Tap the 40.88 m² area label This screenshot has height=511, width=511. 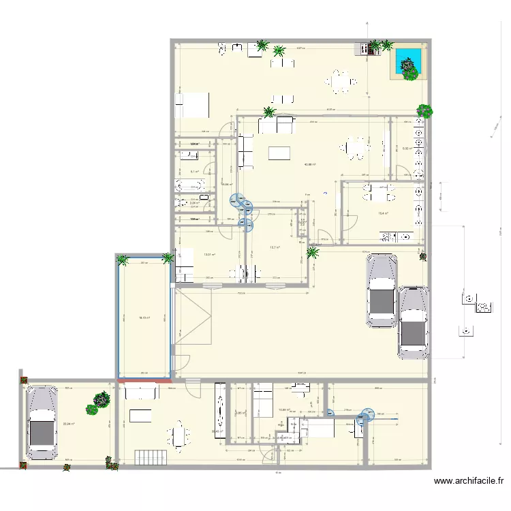[x=309, y=164]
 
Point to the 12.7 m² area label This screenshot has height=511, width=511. [x=275, y=247]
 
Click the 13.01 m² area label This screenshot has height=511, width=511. [x=209, y=255]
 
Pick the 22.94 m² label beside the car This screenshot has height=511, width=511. [x=68, y=424]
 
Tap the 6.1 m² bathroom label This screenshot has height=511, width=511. [x=194, y=172]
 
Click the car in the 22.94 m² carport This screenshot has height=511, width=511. [x=42, y=422]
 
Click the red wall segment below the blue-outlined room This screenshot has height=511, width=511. [x=144, y=380]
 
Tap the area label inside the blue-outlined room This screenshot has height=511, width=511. [x=144, y=318]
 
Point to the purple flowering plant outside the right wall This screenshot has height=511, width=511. [x=424, y=110]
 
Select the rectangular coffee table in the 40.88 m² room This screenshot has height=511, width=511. [x=281, y=153]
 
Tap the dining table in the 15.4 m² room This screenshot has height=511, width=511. [x=379, y=194]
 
